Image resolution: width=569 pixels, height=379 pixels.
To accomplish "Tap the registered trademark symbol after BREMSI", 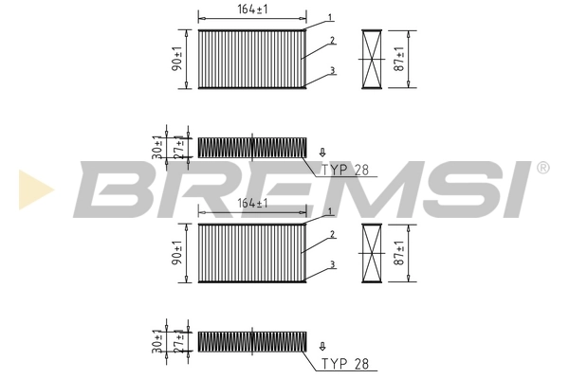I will point(542,168).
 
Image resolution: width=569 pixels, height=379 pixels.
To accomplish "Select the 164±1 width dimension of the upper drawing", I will point(251,10).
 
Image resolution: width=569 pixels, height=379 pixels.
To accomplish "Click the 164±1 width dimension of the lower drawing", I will point(251,203).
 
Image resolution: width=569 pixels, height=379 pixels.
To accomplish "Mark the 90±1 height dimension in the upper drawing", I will point(177,59).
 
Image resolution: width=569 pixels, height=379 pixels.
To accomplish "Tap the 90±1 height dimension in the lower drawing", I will point(177,252).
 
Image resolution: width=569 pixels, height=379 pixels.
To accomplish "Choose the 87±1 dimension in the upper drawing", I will point(402,59).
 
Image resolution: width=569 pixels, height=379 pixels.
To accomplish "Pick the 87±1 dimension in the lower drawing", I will point(402,252).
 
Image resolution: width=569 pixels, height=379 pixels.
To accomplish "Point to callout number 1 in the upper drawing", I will point(328,18).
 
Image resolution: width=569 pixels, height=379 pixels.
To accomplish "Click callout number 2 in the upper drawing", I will point(333,42).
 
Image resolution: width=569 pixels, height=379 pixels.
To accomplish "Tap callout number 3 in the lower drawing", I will point(333,264).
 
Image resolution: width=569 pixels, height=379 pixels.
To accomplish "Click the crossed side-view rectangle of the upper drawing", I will point(373,59).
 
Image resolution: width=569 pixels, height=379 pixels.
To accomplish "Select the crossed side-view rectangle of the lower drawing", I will point(373,252).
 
